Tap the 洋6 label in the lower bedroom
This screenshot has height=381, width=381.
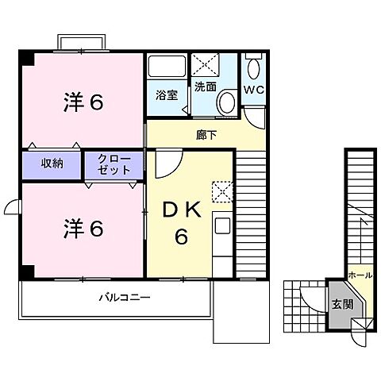(x=83, y=228)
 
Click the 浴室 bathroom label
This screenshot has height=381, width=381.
(x=166, y=95)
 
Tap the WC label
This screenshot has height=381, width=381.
(x=254, y=89)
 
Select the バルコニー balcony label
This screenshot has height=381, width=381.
(x=125, y=298)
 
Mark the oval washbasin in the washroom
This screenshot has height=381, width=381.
(x=226, y=102)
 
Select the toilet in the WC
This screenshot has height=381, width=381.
(x=253, y=67)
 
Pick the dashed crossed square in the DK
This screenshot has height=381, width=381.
(x=221, y=191)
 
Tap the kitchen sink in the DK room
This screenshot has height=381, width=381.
(x=222, y=225)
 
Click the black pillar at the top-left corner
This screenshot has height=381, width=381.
(x=27, y=58)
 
